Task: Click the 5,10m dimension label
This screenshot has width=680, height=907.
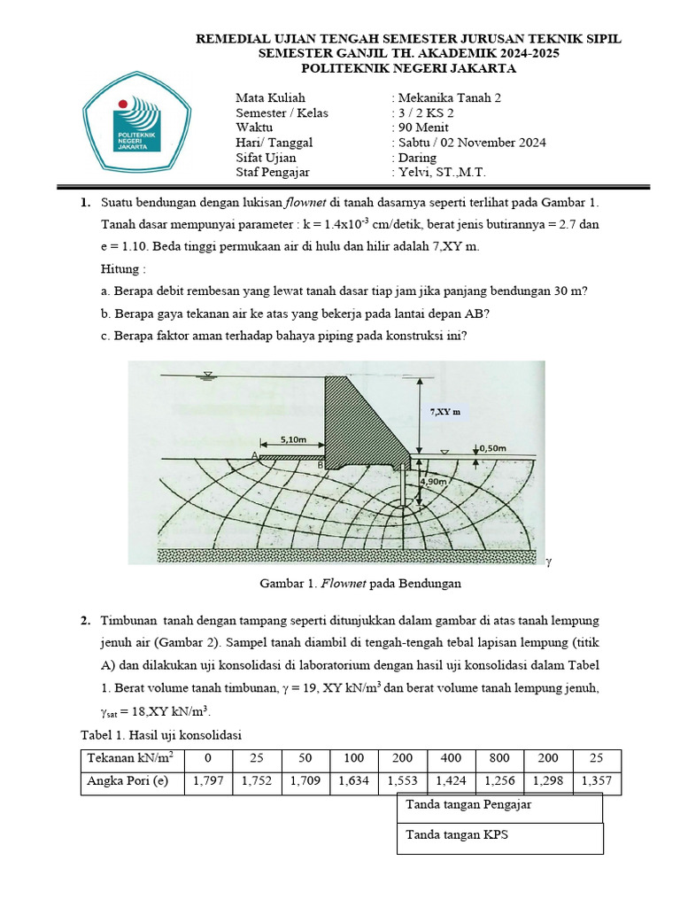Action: (293, 438)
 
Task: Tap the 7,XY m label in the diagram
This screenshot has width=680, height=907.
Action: (447, 412)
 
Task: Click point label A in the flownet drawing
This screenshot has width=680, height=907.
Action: (254, 455)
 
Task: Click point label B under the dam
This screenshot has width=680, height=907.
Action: (320, 464)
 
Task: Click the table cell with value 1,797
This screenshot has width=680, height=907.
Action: (206, 782)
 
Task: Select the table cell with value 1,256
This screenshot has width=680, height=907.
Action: (499, 782)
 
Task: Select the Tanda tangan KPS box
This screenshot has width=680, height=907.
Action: (499, 836)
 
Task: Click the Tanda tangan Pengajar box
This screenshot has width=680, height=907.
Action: (499, 806)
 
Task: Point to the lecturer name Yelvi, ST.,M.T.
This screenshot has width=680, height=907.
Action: (443, 173)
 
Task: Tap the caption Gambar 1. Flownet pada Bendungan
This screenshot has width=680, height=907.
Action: (360, 585)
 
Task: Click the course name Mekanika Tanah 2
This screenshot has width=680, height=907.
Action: (454, 97)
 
